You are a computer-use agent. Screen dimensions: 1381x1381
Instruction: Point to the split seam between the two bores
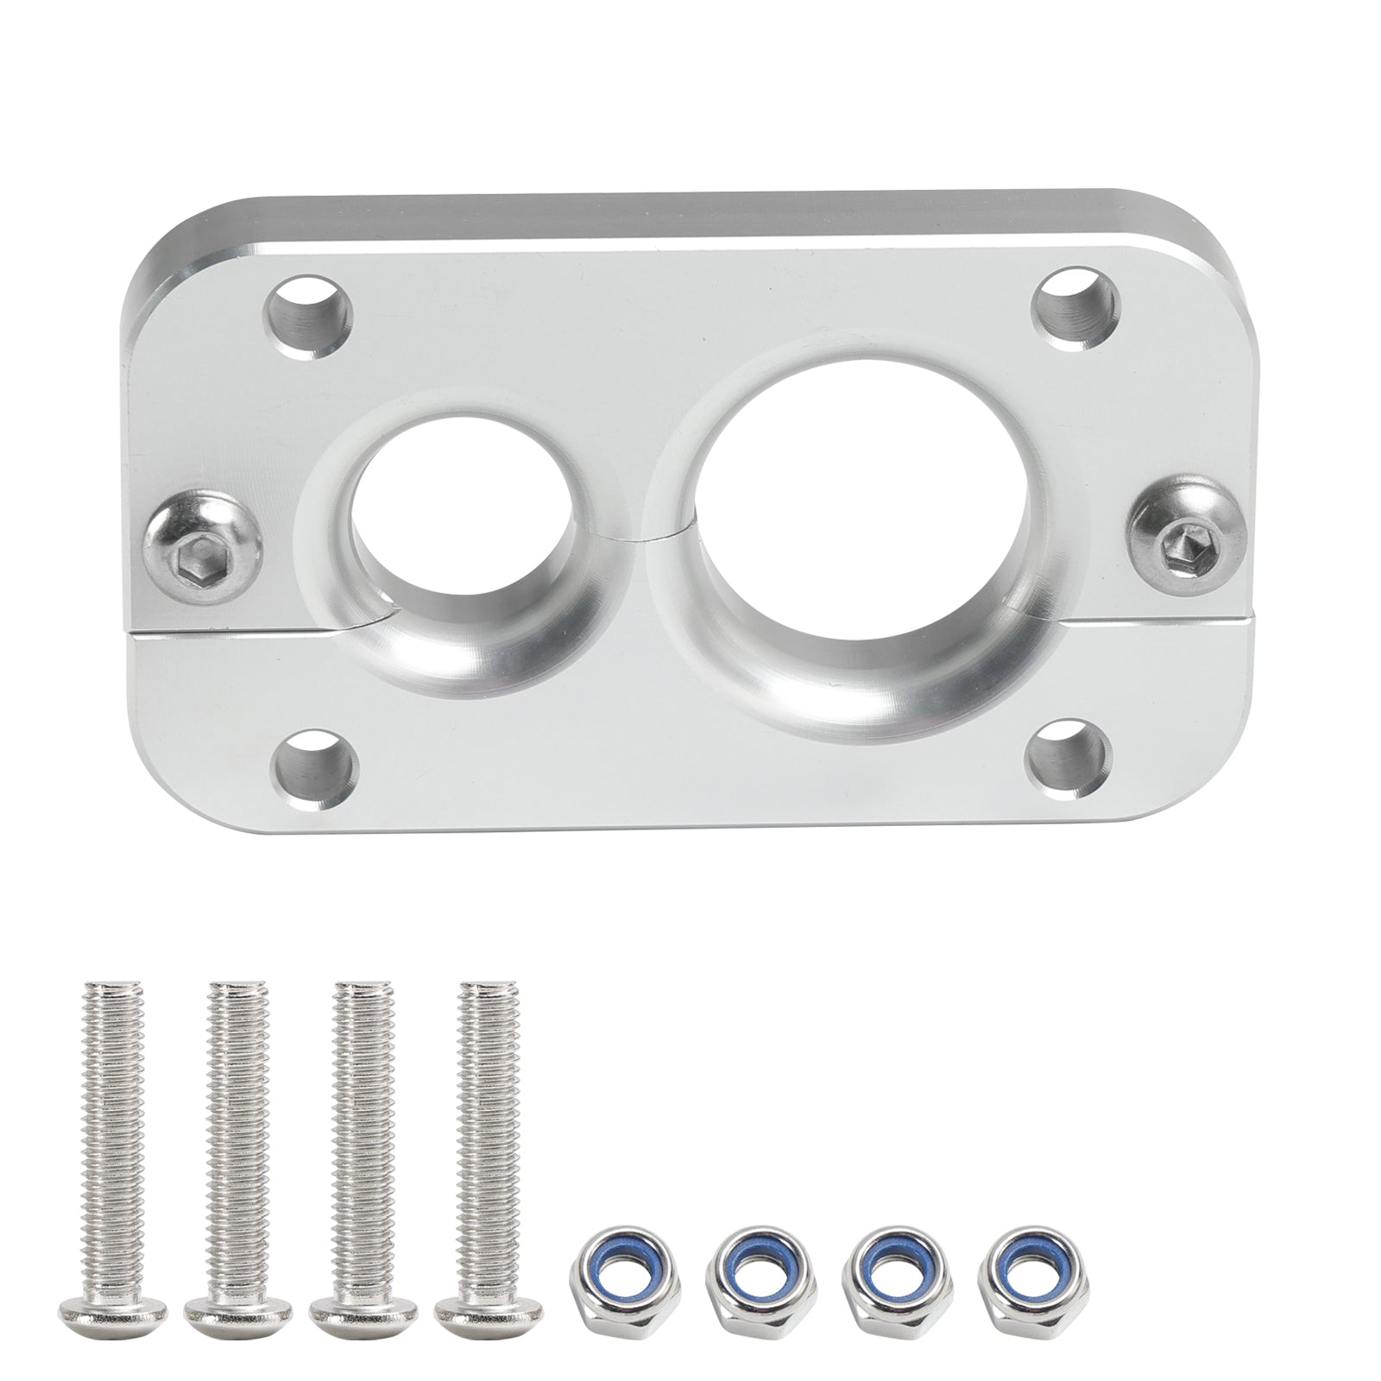pos(647,538)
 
